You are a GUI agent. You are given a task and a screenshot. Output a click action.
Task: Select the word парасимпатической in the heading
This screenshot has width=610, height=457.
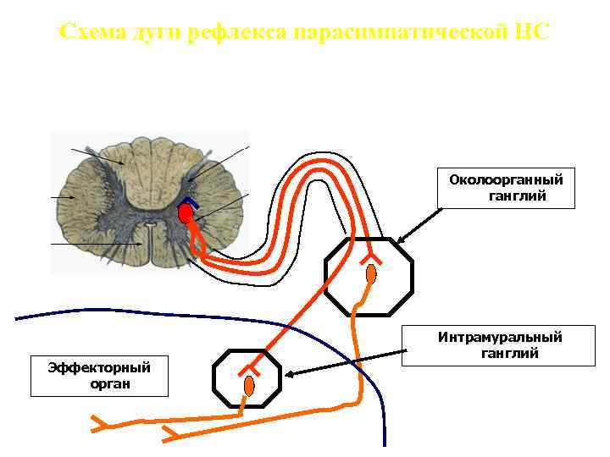point(401,33)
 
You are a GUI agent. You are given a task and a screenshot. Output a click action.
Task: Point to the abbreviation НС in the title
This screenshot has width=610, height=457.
point(531,33)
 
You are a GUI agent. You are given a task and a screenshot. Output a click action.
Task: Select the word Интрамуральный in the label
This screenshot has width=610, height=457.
point(500,338)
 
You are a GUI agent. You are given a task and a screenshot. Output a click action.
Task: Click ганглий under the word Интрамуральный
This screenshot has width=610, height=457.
point(510,354)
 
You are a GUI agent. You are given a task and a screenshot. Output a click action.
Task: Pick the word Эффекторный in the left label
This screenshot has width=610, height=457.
point(99,367)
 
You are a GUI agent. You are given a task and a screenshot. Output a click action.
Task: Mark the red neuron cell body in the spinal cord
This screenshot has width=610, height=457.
point(185,215)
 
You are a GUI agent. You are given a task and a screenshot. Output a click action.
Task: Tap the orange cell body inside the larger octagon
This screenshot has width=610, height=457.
point(371,274)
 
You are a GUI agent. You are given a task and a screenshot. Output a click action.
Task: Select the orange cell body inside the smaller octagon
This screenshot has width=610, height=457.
point(248,385)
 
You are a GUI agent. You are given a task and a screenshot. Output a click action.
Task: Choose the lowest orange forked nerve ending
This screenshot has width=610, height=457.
point(169,434)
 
